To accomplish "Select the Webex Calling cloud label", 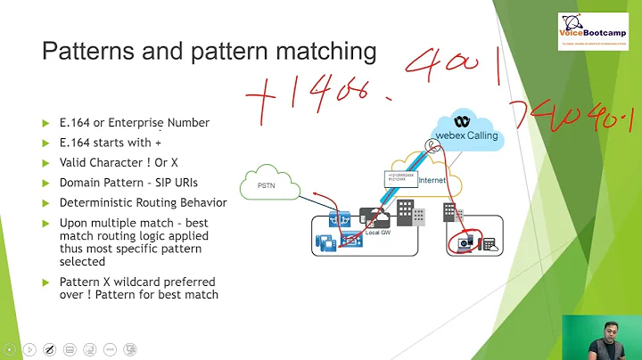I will pos(466,135).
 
